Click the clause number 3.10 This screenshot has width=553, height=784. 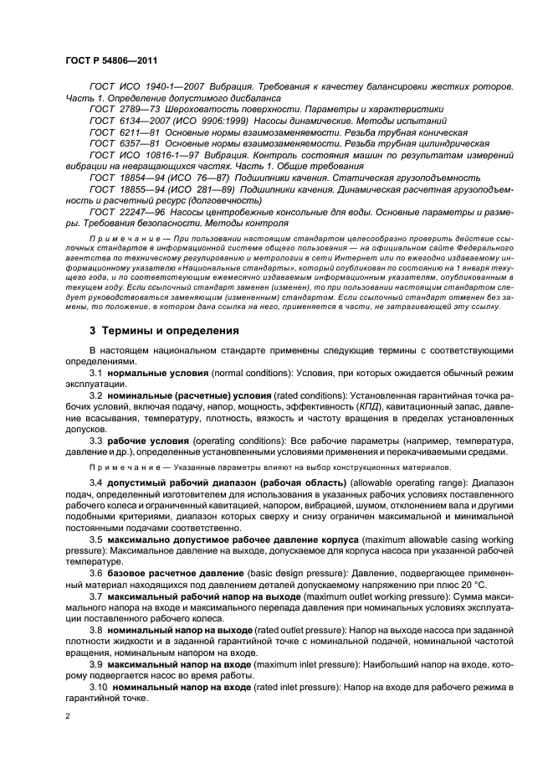[98, 686]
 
